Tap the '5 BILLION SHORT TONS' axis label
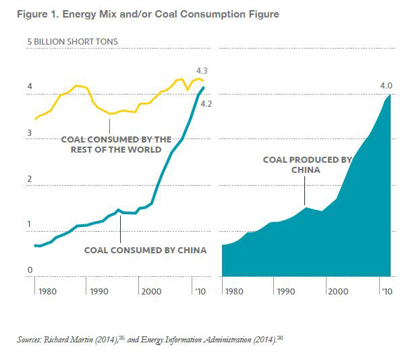coord(72,42)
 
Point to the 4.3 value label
coord(201,70)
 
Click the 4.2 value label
coord(206,104)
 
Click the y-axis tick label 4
coord(30,87)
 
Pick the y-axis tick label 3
coord(30,133)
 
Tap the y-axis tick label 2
coord(30,179)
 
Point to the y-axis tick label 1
coord(30,224)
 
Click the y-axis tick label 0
coord(30,271)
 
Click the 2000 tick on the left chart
coord(154,292)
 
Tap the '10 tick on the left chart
coord(200,292)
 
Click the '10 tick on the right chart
coord(387,292)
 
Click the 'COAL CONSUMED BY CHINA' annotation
coord(145,250)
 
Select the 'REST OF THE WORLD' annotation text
coord(116,149)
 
